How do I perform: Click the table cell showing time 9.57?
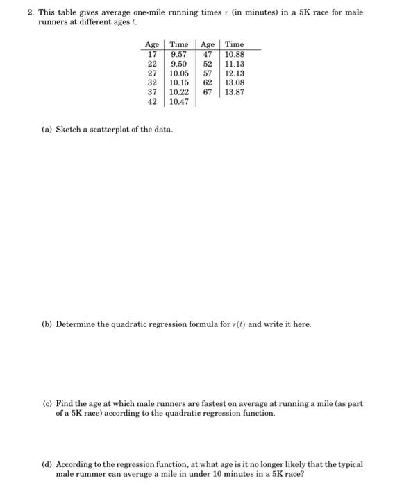[x=179, y=54]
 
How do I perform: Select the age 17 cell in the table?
[x=151, y=54]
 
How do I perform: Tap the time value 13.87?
[x=235, y=91]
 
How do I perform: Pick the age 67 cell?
[x=207, y=91]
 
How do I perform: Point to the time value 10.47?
[x=179, y=101]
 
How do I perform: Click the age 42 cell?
[x=151, y=101]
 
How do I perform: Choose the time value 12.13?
[x=235, y=73]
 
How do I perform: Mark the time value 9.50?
[x=179, y=63]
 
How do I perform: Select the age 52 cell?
[x=207, y=63]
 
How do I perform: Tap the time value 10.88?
[x=235, y=54]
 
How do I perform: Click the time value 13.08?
[x=235, y=82]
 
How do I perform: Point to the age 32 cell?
[x=151, y=82]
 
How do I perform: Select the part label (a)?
[x=47, y=130]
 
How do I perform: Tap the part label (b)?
[x=47, y=324]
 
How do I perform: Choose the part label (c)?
[x=47, y=403]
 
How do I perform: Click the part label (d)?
[x=47, y=464]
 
